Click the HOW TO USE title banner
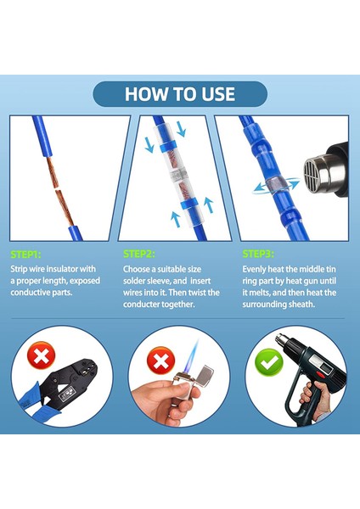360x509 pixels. [180, 94]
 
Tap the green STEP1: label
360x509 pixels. [26, 255]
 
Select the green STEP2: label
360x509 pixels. [138, 254]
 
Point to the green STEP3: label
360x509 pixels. [258, 254]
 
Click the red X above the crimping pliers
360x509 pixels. [42, 355]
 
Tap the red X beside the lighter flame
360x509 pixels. [160, 360]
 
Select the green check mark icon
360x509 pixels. [269, 361]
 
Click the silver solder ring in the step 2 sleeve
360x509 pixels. [177, 176]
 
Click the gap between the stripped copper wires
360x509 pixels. [57, 189]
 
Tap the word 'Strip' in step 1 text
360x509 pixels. [19, 270]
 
